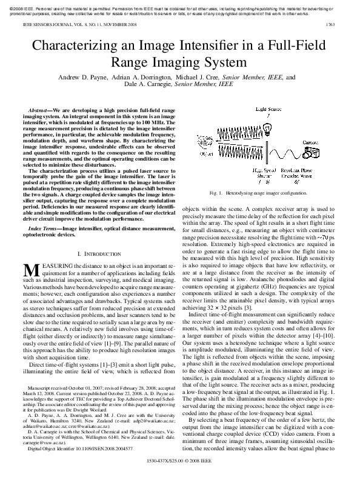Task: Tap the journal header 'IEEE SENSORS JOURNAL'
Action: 46,25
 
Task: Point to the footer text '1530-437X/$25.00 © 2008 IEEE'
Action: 179,468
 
